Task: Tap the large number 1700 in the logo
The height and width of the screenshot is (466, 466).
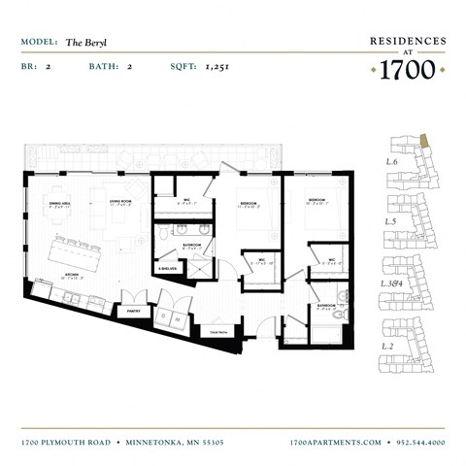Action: pos(408,70)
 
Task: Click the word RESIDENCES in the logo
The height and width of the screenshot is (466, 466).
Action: pos(408,41)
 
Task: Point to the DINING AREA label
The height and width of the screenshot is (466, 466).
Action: pos(60,205)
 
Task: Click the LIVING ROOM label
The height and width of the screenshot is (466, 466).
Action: pos(120,203)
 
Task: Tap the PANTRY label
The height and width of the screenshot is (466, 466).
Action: pos(134,312)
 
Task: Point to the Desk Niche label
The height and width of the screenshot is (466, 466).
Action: pos(218,331)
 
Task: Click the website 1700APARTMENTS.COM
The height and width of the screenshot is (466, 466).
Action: pos(336,442)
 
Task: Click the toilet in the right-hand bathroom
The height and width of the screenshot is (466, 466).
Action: pos(337,316)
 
